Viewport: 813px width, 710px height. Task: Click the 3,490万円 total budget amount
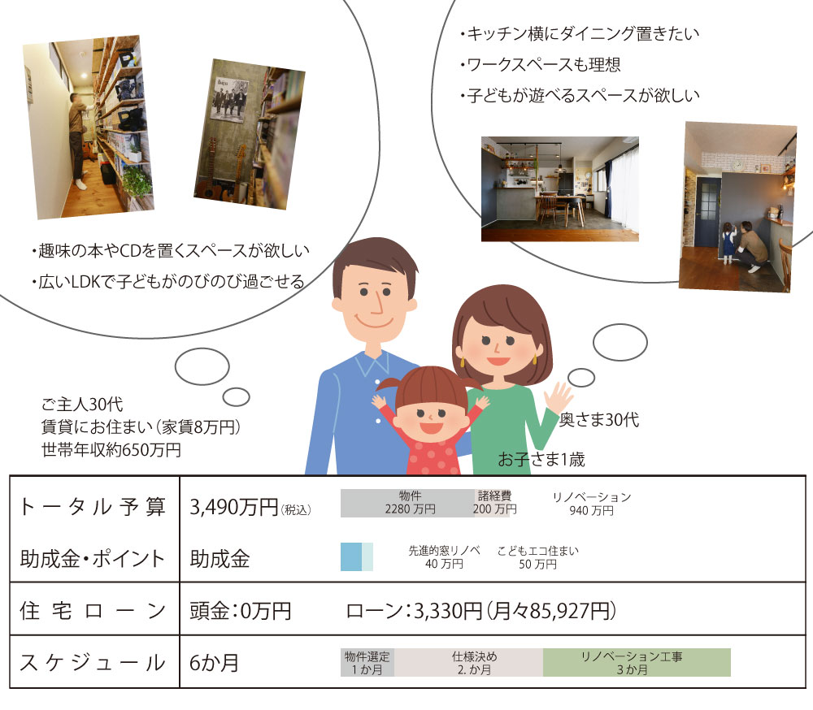(234, 507)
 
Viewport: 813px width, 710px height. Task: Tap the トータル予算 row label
(93, 506)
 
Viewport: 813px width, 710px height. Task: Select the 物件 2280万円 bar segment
(407, 503)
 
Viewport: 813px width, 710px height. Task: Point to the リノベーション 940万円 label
(592, 504)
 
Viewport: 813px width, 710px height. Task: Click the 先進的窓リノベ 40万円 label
(445, 557)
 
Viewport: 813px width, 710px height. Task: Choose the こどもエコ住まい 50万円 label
(537, 557)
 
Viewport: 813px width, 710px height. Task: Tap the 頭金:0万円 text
(240, 611)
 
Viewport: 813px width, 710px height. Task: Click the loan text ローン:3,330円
(414, 611)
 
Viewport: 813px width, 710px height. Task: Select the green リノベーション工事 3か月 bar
(637, 662)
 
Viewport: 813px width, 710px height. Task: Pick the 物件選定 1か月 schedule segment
(367, 662)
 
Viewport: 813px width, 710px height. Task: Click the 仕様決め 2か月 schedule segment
(469, 662)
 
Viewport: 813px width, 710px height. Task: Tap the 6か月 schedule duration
(214, 663)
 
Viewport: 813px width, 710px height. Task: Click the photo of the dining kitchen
(560, 188)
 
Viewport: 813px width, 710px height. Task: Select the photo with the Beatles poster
(250, 134)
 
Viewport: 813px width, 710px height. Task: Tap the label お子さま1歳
(541, 459)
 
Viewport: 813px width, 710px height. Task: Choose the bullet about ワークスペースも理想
(541, 65)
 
